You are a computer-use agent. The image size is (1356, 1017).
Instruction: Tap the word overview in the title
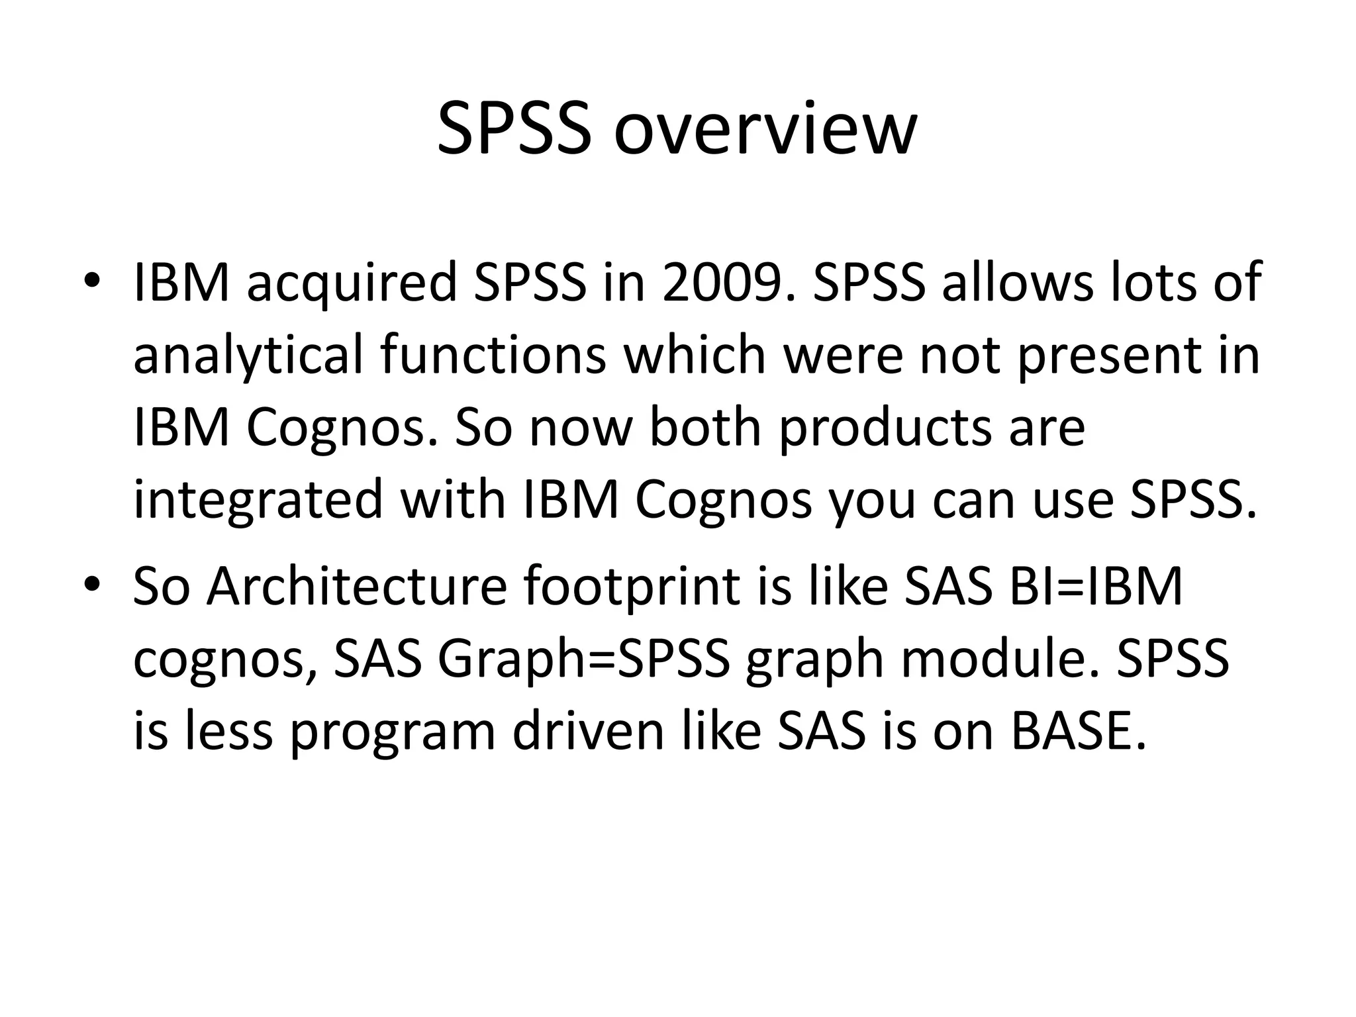click(765, 128)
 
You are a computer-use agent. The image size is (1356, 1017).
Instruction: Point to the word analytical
click(248, 355)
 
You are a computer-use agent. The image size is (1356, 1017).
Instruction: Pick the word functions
click(493, 355)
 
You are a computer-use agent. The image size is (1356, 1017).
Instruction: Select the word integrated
click(259, 499)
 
